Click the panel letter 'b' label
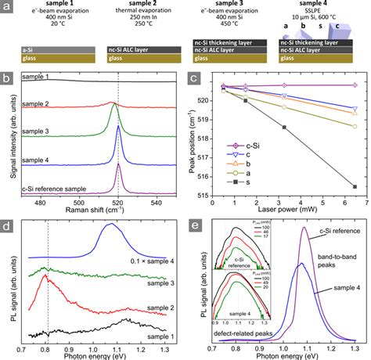point(7,78)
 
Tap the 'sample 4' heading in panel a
point(313,5)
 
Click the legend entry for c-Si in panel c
point(235,146)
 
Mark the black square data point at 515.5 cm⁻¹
point(355,186)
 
